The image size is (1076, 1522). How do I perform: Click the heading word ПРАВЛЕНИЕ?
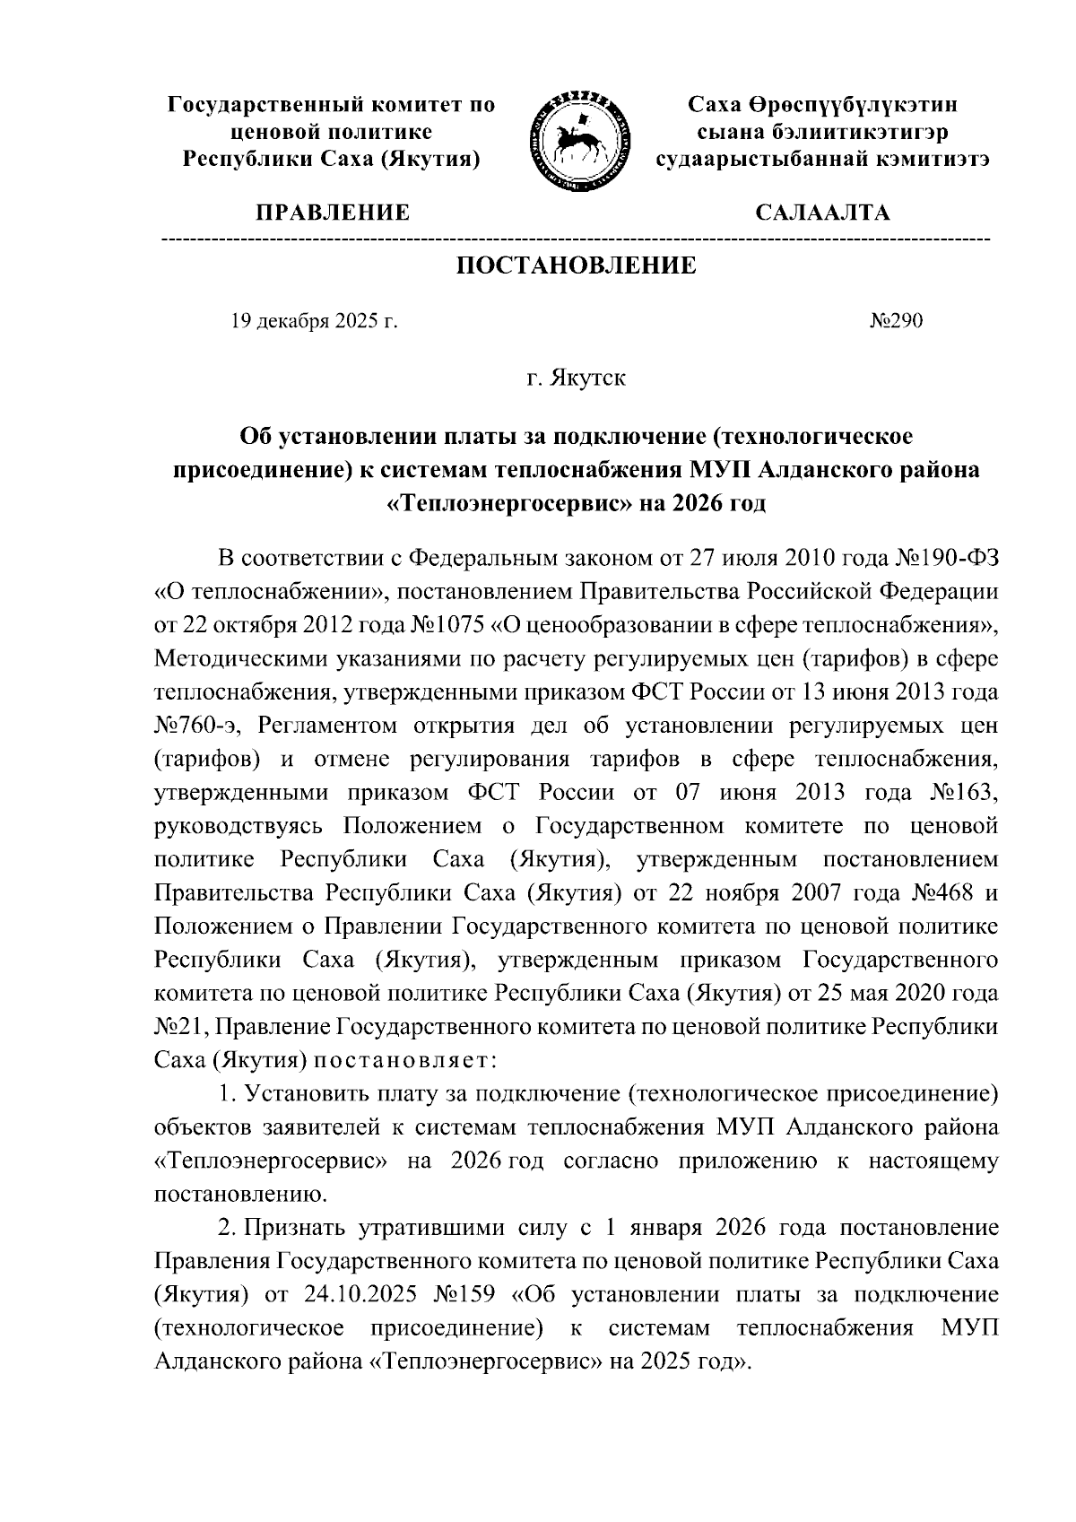(333, 213)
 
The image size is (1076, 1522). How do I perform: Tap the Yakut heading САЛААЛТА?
(822, 213)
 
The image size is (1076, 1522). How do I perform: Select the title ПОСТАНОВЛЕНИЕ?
(577, 266)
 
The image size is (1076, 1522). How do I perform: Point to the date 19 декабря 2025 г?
(314, 321)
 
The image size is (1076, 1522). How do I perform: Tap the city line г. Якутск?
(576, 378)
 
